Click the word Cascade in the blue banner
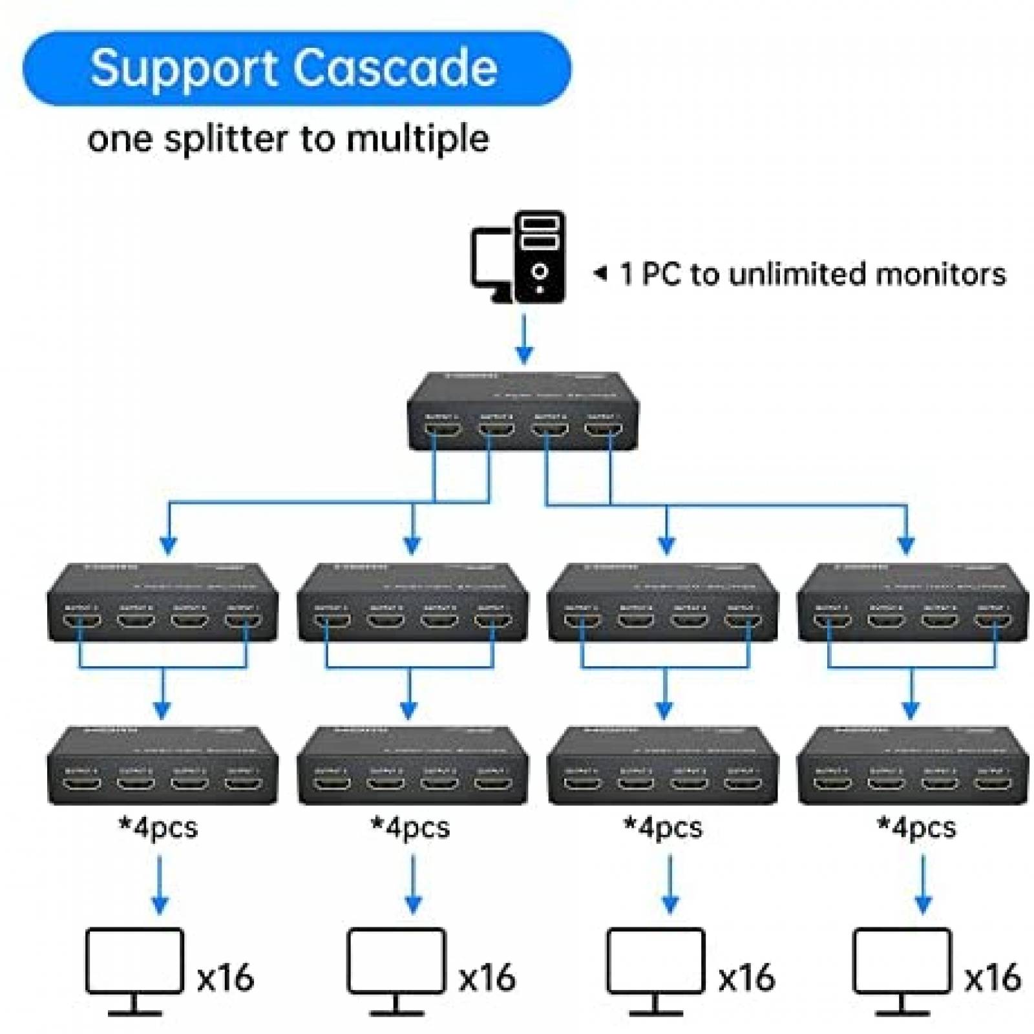click(396, 68)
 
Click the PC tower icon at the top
click(539, 257)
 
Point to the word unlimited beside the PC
click(797, 274)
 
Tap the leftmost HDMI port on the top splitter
click(443, 428)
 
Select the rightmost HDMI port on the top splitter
click(603, 428)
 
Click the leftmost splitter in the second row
click(162, 602)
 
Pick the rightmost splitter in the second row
click(913, 602)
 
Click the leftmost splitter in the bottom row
click(162, 765)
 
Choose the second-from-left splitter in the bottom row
click(412, 765)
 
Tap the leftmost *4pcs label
click(158, 827)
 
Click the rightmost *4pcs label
click(916, 827)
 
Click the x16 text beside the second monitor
click(487, 977)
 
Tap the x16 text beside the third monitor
click(747, 977)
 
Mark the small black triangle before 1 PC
click(601, 273)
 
